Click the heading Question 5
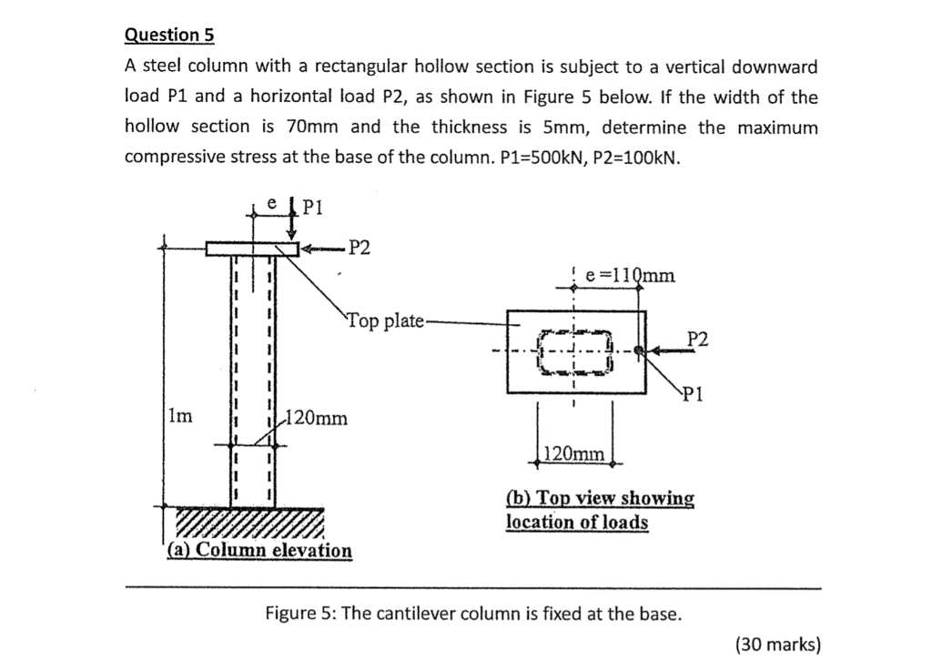tap(168, 35)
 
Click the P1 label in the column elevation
tap(312, 207)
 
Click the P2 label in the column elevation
tap(360, 248)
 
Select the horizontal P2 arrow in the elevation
tap(320, 248)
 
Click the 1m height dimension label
tap(180, 416)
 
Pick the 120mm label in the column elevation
tap(316, 419)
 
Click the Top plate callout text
tap(385, 320)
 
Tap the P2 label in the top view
tap(697, 339)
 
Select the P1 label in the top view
tap(693, 394)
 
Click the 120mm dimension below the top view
tap(574, 452)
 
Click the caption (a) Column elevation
tap(260, 550)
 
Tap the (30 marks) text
tap(778, 645)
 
